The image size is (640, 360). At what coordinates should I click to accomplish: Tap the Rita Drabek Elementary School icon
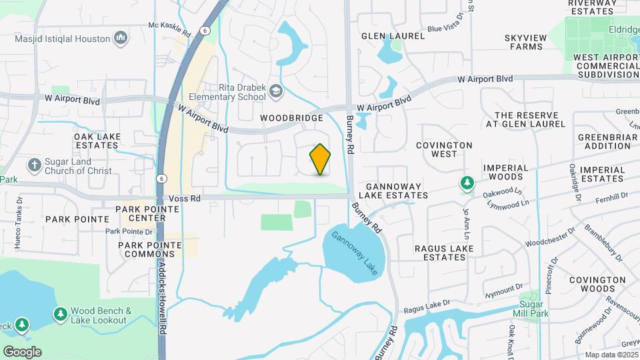coord(276,90)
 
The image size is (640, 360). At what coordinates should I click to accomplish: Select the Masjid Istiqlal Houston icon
coord(121,39)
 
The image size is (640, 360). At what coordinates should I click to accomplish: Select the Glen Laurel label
coord(393,36)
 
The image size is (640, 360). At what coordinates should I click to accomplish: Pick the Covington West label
coord(444,149)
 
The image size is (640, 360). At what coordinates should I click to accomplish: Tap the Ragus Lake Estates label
coord(444,253)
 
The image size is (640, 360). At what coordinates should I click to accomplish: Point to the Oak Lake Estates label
coord(97,141)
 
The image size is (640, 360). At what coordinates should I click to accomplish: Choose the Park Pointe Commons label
coord(150,249)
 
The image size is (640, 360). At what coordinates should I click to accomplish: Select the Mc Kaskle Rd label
coord(169,27)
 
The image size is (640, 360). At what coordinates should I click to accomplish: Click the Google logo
coord(22,351)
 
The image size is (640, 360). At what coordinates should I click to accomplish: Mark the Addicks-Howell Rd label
coord(163,293)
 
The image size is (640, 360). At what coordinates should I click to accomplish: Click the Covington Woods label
coord(597,285)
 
